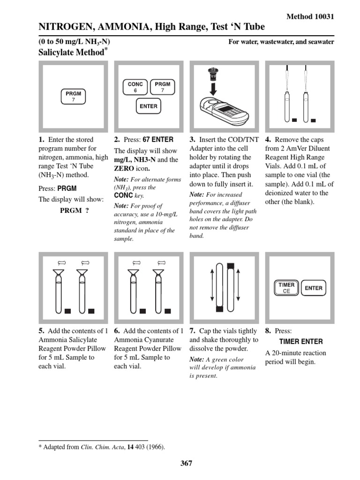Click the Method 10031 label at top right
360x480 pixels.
click(310, 16)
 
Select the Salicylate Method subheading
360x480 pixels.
click(70, 52)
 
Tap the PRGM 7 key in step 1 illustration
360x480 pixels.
click(73, 97)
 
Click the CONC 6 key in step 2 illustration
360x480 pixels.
click(135, 87)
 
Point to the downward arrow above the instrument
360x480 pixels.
click(213, 87)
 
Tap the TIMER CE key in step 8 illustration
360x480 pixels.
click(286, 288)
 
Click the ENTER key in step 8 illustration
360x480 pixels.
click(314, 288)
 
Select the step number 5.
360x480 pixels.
click(41, 330)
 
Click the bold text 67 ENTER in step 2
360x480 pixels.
click(157, 140)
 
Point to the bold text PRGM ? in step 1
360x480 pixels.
click(74, 210)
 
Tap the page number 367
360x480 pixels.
click(186, 463)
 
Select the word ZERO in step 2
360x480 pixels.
click(123, 169)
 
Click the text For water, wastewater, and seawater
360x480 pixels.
click(281, 42)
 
